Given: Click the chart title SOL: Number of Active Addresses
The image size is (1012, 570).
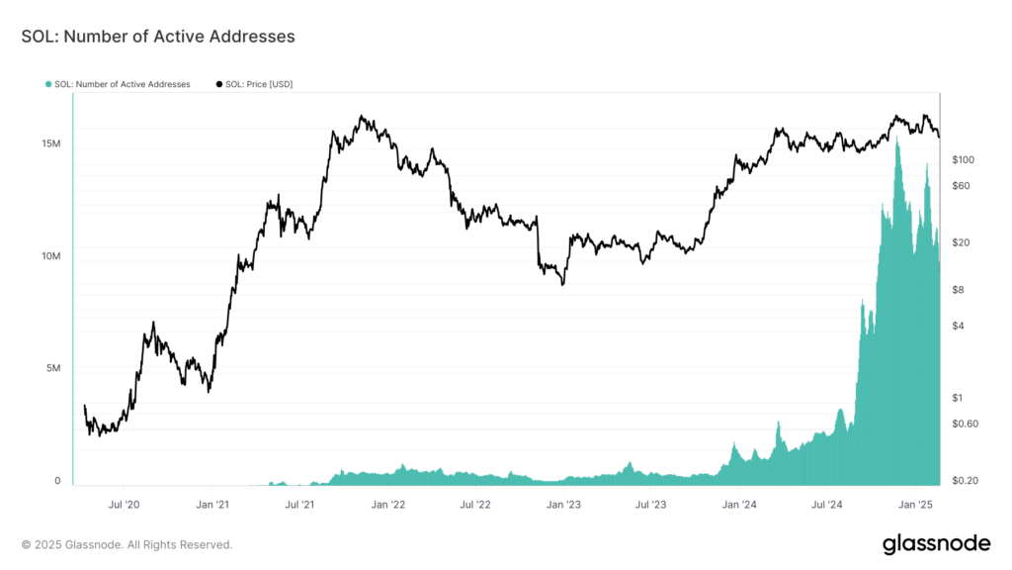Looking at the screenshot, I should click(158, 37).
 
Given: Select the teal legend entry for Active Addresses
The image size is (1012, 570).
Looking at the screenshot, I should click(118, 84).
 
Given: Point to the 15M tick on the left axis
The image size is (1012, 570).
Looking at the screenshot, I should click(51, 144).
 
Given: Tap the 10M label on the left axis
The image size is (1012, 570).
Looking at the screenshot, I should click(51, 256).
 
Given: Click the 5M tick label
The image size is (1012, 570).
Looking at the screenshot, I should click(54, 369).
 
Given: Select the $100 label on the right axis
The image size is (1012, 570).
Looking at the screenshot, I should click(964, 159).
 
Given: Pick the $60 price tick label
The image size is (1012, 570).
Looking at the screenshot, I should click(962, 186).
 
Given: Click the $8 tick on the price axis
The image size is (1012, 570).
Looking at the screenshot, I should click(959, 290).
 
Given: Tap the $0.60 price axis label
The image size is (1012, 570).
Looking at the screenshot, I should click(966, 424).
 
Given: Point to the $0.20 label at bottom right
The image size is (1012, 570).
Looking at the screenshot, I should click(966, 481).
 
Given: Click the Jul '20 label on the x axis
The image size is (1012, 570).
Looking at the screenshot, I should click(124, 505).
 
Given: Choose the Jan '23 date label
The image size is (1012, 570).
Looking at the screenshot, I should click(563, 505).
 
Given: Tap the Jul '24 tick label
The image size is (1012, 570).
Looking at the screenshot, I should click(826, 505).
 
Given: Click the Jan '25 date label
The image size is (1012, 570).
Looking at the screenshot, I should click(916, 505).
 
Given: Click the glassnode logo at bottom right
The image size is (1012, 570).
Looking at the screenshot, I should click(935, 543).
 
